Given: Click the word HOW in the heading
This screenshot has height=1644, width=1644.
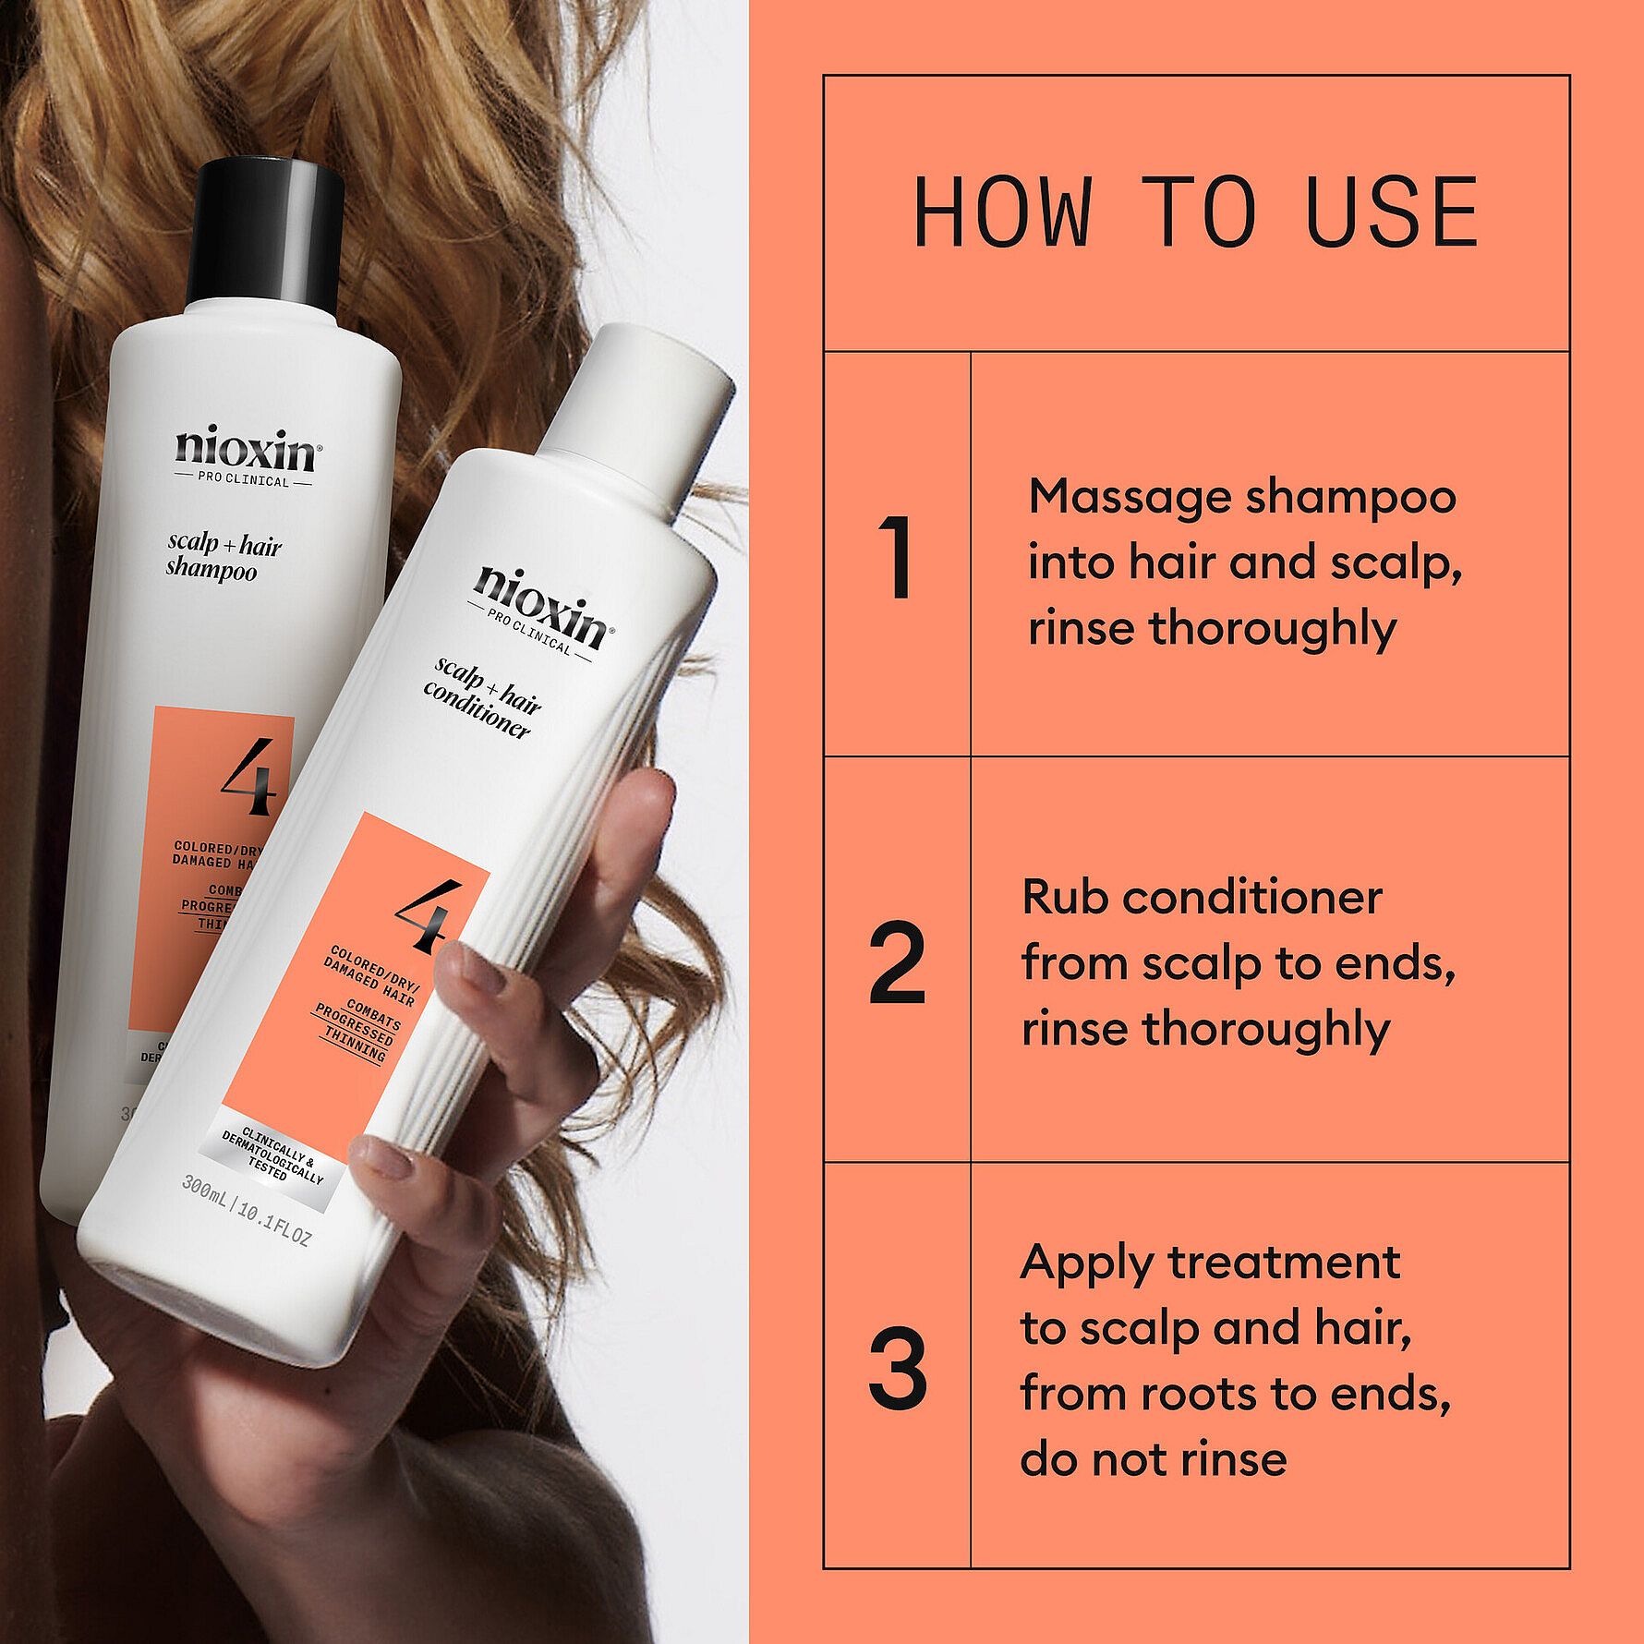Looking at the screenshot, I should point(1002,212).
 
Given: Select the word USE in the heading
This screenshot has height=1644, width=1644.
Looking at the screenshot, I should point(1394,212).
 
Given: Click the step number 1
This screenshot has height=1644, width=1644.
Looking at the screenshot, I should point(897,558).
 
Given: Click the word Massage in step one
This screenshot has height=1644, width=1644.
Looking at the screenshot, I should point(1127,497).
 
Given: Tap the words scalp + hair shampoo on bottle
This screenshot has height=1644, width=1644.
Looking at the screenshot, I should point(222,558).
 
